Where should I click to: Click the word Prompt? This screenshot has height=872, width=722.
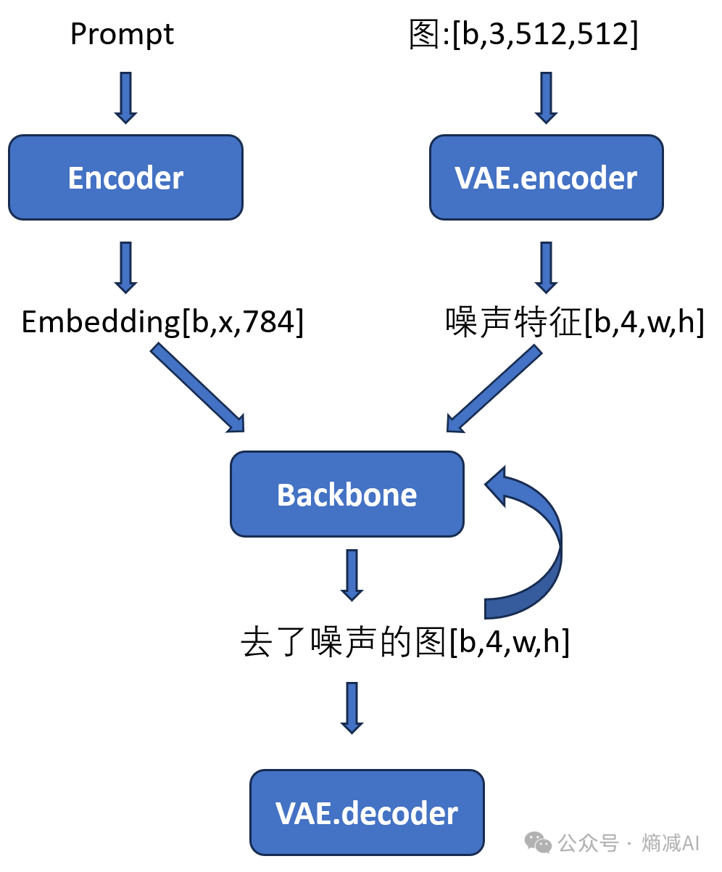coord(122,35)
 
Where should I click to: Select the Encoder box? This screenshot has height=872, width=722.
coord(125,178)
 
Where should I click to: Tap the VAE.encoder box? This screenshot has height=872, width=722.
coord(546,178)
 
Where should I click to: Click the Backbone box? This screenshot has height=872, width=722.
coord(347,495)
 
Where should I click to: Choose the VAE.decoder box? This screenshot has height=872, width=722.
coord(367,813)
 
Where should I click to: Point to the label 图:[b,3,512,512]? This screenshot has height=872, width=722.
coord(523,35)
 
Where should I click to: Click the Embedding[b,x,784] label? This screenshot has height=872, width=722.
coord(162,322)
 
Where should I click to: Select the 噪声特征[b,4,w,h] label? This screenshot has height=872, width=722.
coord(574,322)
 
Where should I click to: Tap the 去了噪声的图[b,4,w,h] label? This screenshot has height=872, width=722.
coord(405,643)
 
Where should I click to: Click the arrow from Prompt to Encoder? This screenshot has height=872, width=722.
coord(125,97)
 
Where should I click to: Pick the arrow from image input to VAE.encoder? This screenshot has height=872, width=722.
coord(546,97)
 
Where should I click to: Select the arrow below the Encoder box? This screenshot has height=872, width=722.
coord(125,267)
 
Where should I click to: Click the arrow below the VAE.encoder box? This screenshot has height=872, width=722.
coord(546,267)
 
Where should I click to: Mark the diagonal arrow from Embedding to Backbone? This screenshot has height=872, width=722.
coord(198,388)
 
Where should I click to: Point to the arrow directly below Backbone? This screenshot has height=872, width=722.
coord(352,575)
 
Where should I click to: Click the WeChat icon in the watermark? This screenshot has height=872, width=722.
coord(538,842)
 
